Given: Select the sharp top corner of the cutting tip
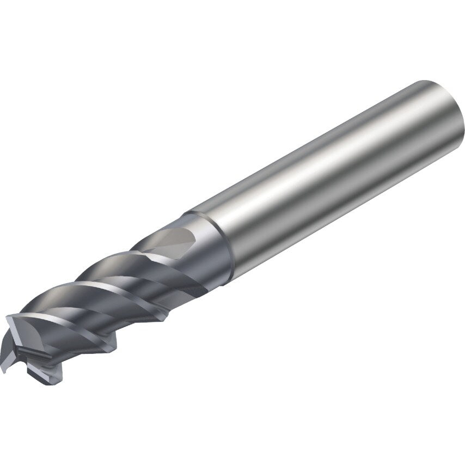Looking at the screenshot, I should coord(8,317).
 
